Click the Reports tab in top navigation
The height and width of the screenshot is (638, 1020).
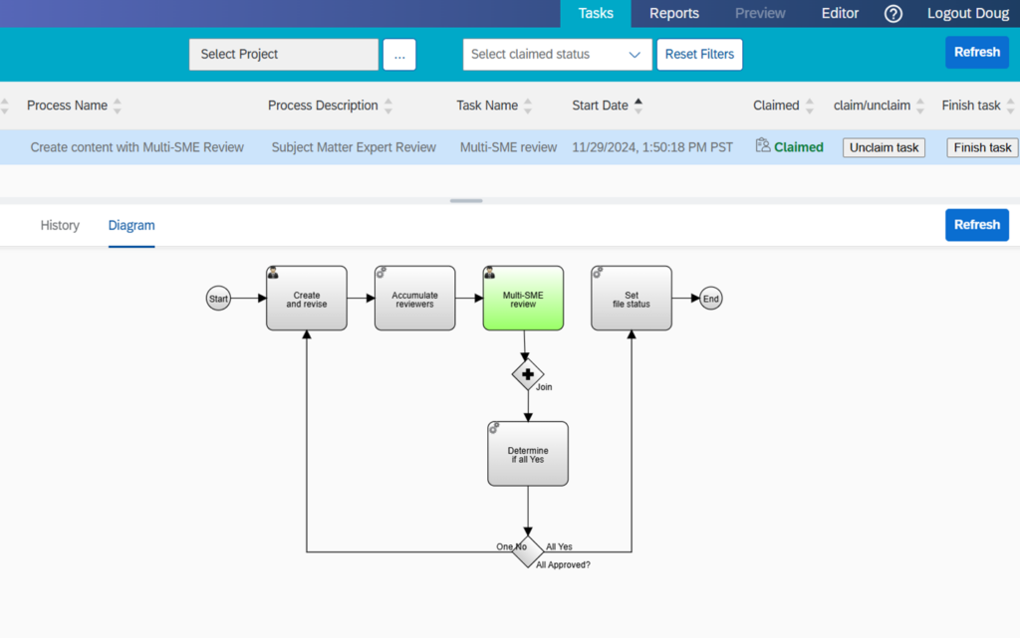click(x=673, y=14)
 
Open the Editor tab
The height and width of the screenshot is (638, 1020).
click(x=840, y=14)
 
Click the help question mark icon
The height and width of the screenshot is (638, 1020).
click(x=893, y=14)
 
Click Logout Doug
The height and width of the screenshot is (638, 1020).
click(x=967, y=14)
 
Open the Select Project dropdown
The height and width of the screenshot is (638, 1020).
click(x=284, y=55)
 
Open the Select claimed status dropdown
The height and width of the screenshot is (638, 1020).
click(x=557, y=55)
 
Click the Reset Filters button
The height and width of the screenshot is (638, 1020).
click(x=699, y=55)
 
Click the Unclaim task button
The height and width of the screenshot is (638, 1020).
click(x=884, y=147)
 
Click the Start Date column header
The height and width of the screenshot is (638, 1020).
click(x=600, y=106)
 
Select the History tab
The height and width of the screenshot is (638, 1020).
click(x=60, y=226)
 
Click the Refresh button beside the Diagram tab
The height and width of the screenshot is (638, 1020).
click(x=976, y=225)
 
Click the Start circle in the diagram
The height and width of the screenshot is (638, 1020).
click(x=218, y=298)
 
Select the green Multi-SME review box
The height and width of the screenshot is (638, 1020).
click(x=523, y=298)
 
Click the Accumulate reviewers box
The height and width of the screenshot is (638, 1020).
click(x=414, y=298)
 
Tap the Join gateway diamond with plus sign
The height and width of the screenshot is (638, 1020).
click(x=528, y=374)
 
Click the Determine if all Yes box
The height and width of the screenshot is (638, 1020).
click(x=528, y=454)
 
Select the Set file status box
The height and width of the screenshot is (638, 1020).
click(x=631, y=298)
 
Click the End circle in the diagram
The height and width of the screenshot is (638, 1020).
click(x=710, y=298)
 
